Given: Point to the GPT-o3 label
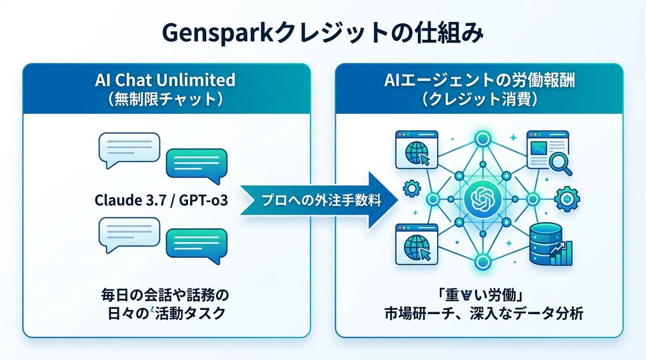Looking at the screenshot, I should click(202, 202).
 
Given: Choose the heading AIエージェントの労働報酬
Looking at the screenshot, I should click(479, 81).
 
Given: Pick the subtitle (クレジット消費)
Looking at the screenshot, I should click(479, 101).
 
